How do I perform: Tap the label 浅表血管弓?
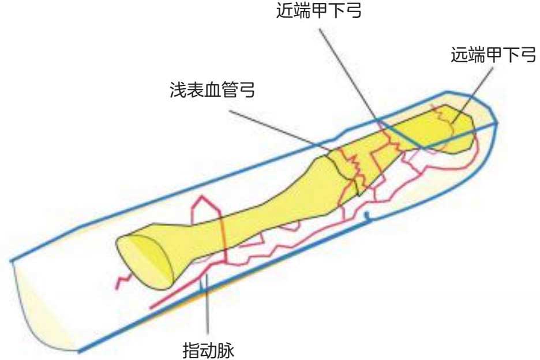pyautogui.click(x=212, y=90)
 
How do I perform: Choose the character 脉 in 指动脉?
pyautogui.click(x=226, y=349)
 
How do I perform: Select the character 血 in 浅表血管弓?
pyautogui.click(x=212, y=90)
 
